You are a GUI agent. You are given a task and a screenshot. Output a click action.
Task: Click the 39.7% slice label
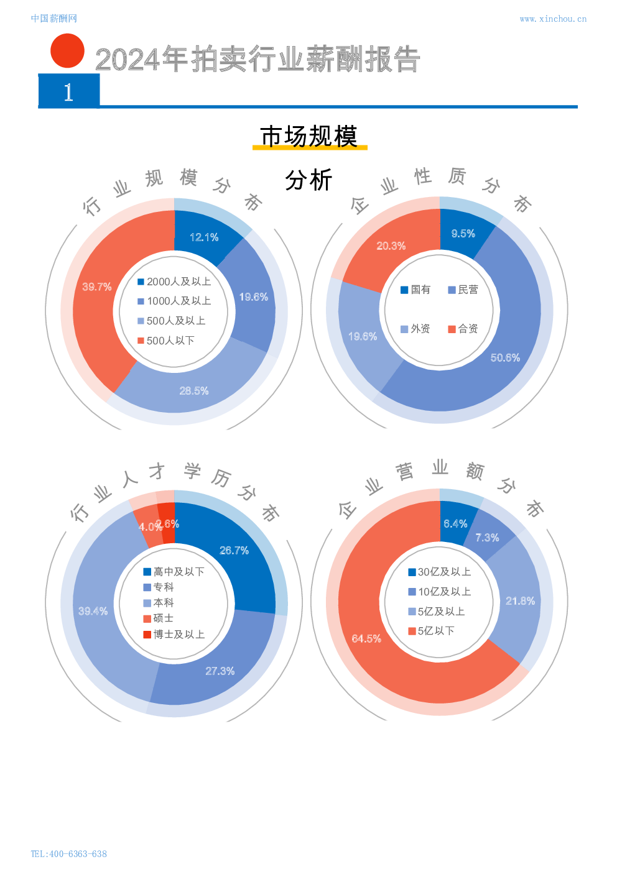(x=97, y=287)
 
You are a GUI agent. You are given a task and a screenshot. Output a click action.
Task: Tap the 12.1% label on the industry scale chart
(x=204, y=237)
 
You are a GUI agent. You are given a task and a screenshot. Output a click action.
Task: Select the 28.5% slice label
(x=194, y=391)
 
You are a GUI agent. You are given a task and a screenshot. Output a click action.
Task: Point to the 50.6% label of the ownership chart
(x=505, y=357)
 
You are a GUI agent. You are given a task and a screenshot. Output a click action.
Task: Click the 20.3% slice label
(x=391, y=246)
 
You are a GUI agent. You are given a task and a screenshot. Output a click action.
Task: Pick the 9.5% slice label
(x=463, y=234)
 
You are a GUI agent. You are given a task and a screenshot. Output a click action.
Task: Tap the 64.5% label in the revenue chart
(x=366, y=638)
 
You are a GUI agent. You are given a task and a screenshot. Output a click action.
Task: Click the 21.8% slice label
(x=520, y=601)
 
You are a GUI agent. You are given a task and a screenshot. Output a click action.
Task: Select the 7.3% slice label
(x=487, y=538)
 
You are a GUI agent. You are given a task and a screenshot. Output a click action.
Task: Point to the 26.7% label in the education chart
(x=234, y=551)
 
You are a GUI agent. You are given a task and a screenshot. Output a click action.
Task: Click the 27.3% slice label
(x=220, y=671)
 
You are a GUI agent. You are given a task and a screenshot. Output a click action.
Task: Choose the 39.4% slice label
(x=93, y=612)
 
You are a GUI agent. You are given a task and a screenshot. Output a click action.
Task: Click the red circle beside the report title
(x=67, y=51)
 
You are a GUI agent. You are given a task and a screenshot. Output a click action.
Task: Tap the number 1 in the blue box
(x=68, y=92)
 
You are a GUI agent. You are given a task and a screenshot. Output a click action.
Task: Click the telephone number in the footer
(x=69, y=854)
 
